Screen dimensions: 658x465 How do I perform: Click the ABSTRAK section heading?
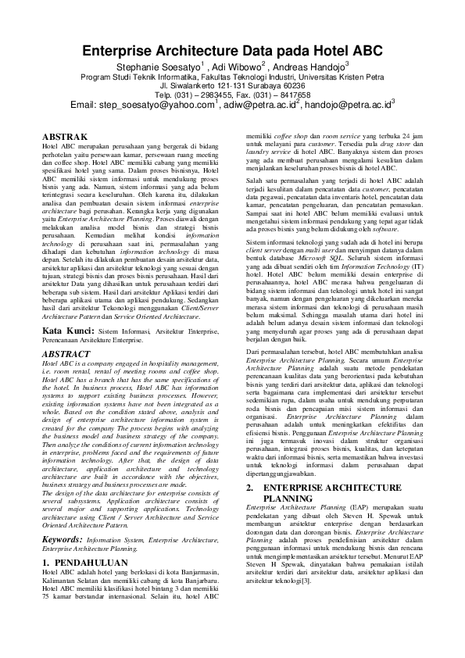[x=64, y=137]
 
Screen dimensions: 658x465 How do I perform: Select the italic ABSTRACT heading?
[x=66, y=353]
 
